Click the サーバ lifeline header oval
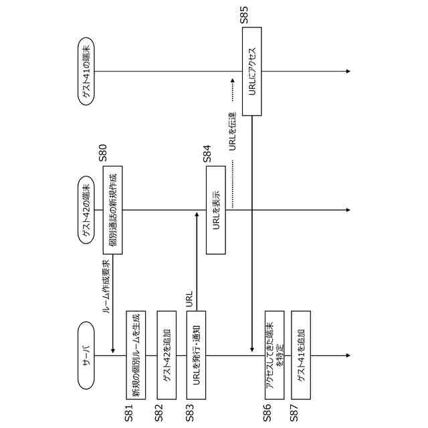coord(87,355)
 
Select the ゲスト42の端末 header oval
coord(87,209)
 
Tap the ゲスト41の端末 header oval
coord(87,72)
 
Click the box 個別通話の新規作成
coord(112,209)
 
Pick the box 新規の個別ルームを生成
coord(135,355)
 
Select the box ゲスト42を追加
coord(166,355)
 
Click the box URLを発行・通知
coord(196,355)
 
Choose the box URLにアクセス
coord(251,72)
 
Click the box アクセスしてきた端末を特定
coord(274,355)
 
